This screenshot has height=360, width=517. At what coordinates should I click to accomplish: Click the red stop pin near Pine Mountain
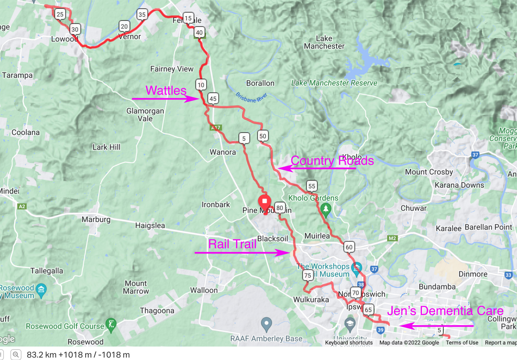tap(264, 202)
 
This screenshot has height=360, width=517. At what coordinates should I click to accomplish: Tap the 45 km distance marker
tap(213, 98)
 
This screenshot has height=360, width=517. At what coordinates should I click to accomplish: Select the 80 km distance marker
tap(280, 208)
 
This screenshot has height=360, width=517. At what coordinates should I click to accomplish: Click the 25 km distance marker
tap(60, 14)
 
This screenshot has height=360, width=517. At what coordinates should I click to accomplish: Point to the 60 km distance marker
tap(349, 247)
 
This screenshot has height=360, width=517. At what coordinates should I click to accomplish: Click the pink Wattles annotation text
tap(166, 90)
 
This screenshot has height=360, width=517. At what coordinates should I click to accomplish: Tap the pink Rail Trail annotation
tap(232, 244)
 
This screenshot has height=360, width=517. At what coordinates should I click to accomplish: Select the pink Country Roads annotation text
tap(332, 160)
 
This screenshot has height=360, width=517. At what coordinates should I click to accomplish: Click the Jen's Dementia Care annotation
tap(445, 311)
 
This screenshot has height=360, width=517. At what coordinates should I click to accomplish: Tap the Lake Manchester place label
tap(324, 42)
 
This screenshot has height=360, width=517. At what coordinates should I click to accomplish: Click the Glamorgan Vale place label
tap(145, 115)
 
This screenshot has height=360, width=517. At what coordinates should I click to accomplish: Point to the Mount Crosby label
tap(429, 172)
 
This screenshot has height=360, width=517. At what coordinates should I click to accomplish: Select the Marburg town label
tap(96, 219)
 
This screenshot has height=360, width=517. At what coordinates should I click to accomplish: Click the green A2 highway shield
tap(22, 207)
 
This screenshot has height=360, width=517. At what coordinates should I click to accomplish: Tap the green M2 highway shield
tap(392, 238)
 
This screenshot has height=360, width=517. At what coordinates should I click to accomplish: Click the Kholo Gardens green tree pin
tap(326, 209)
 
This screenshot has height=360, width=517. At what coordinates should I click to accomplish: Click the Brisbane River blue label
tap(251, 98)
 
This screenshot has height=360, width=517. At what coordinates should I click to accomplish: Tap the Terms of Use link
tap(462, 343)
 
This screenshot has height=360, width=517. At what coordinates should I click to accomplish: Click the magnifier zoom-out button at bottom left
tap(16, 355)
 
